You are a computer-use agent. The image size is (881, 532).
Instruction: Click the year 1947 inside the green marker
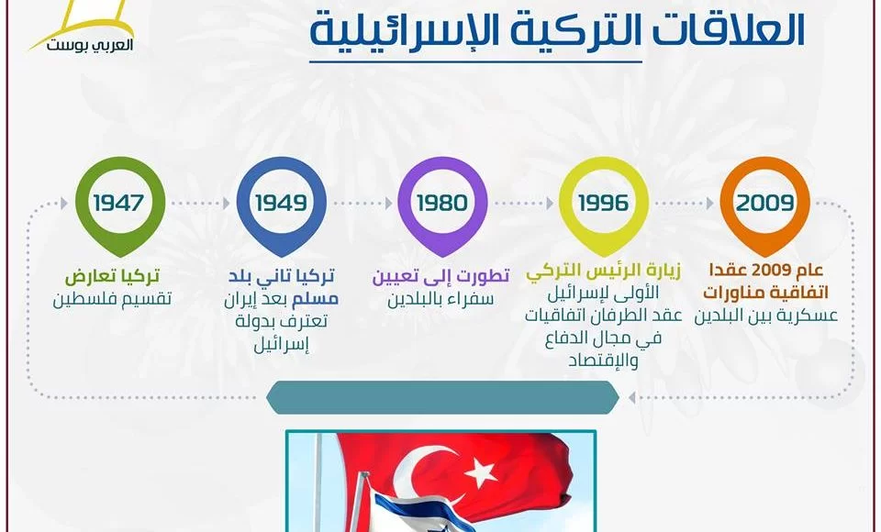[119, 203]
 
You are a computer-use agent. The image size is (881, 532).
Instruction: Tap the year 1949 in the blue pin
[281, 203]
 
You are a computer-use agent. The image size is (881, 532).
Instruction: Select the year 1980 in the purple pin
[442, 203]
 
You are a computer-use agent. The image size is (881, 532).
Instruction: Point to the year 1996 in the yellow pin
[604, 203]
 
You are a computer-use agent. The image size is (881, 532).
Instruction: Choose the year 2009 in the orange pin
[764, 203]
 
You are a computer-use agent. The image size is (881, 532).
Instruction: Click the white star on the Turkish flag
[480, 471]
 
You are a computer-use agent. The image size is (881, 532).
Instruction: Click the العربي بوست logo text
[90, 46]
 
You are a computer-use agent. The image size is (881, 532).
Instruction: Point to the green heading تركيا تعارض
[112, 276]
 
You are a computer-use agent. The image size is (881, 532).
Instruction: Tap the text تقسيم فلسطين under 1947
[112, 299]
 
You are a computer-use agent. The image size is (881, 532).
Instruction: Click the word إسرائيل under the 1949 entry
[282, 344]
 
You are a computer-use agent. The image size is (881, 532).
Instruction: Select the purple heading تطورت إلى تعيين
[441, 276]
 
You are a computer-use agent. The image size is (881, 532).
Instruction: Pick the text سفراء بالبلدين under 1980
[440, 299]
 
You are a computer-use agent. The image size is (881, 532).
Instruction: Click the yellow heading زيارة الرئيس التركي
[604, 272]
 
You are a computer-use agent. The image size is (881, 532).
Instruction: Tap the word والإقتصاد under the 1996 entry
[604, 360]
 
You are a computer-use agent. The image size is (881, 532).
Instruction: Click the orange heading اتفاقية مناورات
[765, 293]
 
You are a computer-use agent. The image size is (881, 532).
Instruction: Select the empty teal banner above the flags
[442, 397]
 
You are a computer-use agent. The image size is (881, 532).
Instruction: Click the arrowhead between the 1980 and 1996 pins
[550, 203]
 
